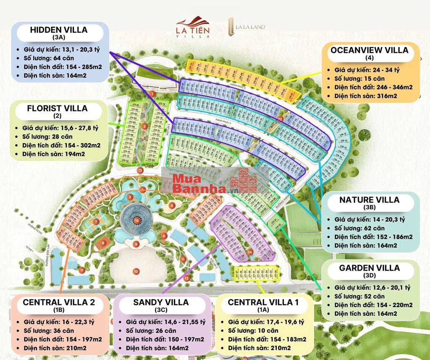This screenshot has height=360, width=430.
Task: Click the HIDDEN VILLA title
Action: (x=59, y=30)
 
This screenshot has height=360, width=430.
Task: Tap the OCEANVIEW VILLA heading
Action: (x=370, y=50)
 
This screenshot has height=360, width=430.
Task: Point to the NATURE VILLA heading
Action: (x=370, y=200)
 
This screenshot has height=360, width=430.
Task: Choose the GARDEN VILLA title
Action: (x=370, y=268)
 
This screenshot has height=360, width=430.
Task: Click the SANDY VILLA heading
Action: (x=161, y=302)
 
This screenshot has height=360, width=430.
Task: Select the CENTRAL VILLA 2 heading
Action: (x=59, y=302)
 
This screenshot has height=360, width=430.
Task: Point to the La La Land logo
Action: (x=246, y=26)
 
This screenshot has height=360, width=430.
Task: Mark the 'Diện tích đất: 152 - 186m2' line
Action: (x=373, y=237)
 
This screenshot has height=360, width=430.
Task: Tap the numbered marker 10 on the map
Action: (x=136, y=271)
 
